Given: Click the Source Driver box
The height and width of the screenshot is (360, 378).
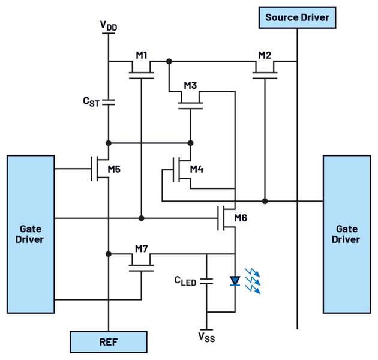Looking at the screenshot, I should pyautogui.click(x=297, y=17).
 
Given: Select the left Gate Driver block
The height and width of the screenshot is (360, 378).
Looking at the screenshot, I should pyautogui.click(x=31, y=234).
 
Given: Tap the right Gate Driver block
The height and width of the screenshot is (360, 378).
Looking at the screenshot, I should pyautogui.click(x=347, y=234).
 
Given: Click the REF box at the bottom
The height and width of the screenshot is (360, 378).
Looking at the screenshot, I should pyautogui.click(x=108, y=341).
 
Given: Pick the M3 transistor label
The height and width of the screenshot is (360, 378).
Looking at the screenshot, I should pyautogui.click(x=190, y=85).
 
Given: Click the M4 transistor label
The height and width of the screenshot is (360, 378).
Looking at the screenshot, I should pyautogui.click(x=197, y=170).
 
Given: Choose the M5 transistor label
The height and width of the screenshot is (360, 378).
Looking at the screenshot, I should pyautogui.click(x=114, y=169).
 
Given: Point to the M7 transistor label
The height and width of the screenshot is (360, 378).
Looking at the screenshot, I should pyautogui.click(x=142, y=248).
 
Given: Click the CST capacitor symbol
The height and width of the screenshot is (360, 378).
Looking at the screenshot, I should pyautogui.click(x=109, y=102).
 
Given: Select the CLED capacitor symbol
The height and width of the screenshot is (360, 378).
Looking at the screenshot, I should pyautogui.click(x=207, y=280).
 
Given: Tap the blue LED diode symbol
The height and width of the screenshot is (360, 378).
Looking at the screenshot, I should pyautogui.click(x=235, y=280).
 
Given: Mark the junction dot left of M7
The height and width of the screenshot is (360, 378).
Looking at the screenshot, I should pyautogui.click(x=109, y=254).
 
